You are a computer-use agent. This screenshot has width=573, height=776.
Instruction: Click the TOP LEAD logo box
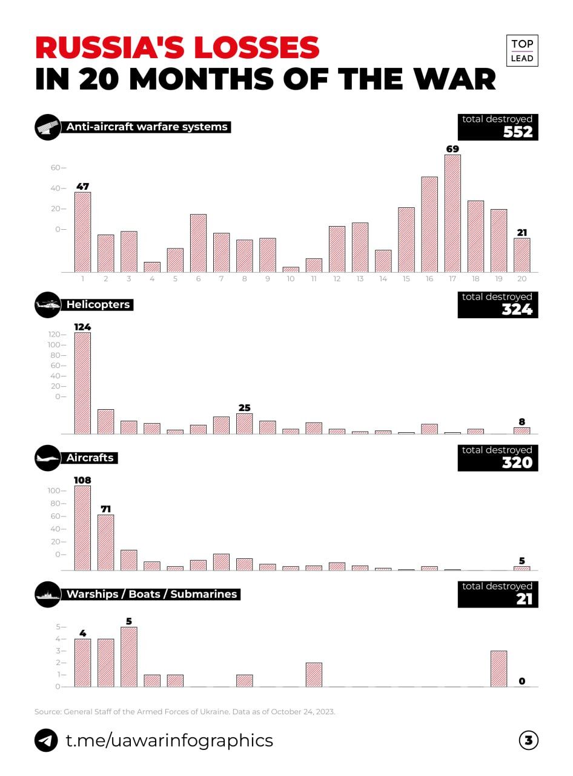pyautogui.click(x=522, y=51)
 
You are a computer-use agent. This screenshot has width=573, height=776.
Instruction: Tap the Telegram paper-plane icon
pyautogui.click(x=46, y=740)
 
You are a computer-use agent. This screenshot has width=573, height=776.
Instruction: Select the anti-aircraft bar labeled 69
pyautogui.click(x=452, y=213)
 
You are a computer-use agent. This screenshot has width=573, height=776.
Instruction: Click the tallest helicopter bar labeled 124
pyautogui.click(x=82, y=383)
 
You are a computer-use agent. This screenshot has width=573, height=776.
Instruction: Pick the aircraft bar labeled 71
pyautogui.click(x=105, y=542)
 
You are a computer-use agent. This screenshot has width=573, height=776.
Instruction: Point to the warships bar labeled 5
pyautogui.click(x=128, y=657)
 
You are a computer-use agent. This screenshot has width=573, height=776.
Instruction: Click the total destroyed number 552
pyautogui.click(x=518, y=132)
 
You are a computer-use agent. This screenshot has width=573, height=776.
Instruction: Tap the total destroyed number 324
pyautogui.click(x=517, y=309)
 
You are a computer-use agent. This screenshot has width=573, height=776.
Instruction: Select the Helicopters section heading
pyautogui.click(x=98, y=304)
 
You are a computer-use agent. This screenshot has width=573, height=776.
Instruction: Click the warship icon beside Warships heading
pyautogui.click(x=48, y=594)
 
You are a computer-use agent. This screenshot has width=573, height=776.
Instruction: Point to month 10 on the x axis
pyautogui.click(x=291, y=278)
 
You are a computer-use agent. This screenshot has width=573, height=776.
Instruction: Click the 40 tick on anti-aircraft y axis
pyautogui.click(x=58, y=188)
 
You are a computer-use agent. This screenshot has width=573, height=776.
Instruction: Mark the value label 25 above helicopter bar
pyautogui.click(x=244, y=407)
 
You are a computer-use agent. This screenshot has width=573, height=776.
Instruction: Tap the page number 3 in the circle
pyautogui.click(x=528, y=740)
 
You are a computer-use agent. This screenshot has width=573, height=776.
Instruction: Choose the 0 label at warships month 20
pyautogui.click(x=522, y=681)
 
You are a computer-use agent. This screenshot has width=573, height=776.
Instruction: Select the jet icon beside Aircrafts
pyautogui.click(x=48, y=458)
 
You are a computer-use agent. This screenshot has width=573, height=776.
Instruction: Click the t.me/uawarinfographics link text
pyautogui.click(x=169, y=740)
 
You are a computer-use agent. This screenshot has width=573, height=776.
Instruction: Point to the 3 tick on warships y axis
pyautogui.click(x=60, y=651)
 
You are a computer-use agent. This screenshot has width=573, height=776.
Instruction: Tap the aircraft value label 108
pyautogui.click(x=82, y=480)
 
